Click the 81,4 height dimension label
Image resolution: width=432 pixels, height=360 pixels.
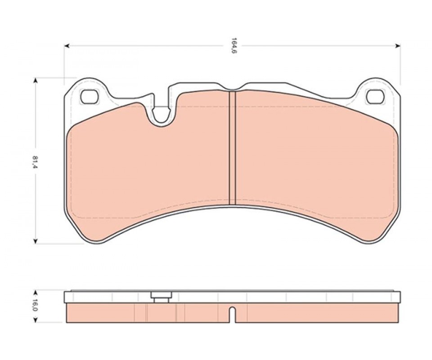coord(35,162)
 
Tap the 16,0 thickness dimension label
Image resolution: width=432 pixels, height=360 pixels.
coord(35,305)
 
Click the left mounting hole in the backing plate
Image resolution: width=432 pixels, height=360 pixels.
coord(89,97)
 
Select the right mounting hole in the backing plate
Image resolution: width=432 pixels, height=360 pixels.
coord(375,97)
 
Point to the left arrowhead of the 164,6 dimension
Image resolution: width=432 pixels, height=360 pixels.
coord(67,46)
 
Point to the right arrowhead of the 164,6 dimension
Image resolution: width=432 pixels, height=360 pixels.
coord(398,46)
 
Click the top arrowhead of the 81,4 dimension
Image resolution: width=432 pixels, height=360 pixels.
coord(35,80)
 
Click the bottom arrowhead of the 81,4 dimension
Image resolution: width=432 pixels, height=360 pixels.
coord(35,242)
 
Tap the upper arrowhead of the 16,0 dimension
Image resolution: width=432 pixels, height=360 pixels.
coord(35,292)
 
